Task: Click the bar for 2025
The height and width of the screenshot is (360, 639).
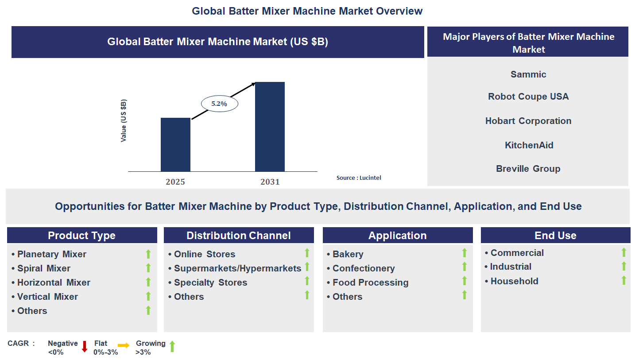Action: point(175,145)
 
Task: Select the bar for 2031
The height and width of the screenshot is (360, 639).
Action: point(270,127)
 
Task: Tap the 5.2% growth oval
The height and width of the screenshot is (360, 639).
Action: point(219,104)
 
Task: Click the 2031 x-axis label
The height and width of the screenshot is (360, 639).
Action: point(270,182)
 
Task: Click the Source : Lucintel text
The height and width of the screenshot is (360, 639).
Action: point(358,178)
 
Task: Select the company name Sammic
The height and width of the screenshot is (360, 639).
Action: point(528,74)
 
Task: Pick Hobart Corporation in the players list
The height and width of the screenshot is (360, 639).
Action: point(528,121)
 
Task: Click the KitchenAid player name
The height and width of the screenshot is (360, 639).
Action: point(529,145)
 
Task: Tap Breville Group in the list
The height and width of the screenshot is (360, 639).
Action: point(528,169)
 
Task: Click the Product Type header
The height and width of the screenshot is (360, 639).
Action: point(82,236)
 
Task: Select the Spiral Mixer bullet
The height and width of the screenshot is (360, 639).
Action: point(43,268)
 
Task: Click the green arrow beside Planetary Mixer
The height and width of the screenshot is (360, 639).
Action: point(148,254)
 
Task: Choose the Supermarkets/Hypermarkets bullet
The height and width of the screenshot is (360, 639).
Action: point(237,268)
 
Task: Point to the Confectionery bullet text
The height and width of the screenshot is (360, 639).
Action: point(363,268)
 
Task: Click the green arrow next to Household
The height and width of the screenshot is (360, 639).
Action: point(624,280)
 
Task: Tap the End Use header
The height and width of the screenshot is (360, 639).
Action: point(555,236)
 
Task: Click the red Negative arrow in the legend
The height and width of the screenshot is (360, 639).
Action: point(85,347)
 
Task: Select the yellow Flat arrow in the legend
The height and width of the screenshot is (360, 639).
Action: point(124,346)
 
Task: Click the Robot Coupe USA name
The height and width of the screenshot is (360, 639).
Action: point(528,97)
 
